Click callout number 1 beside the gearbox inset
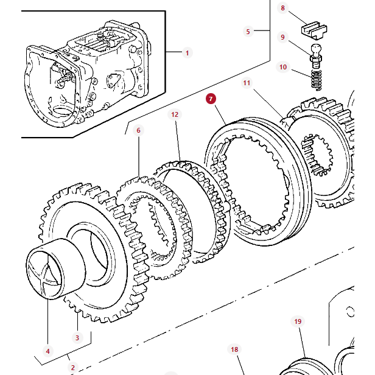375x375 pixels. tap(187, 53)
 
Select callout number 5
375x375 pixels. tap(248, 31)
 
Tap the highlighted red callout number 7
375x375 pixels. tap(211, 99)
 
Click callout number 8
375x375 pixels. tap(282, 8)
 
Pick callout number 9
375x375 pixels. tap(282, 37)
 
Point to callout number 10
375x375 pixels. tap(282, 67)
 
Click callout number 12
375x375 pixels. tap(175, 114)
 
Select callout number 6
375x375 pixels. tap(138, 130)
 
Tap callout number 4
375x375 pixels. tap(47, 351)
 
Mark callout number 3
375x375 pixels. tap(77, 337)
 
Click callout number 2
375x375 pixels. tap(72, 367)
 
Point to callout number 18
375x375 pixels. tap(234, 349)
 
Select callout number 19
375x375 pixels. tap(298, 321)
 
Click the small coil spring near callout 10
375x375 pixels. tap(315, 78)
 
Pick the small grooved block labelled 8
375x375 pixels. tap(313, 29)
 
